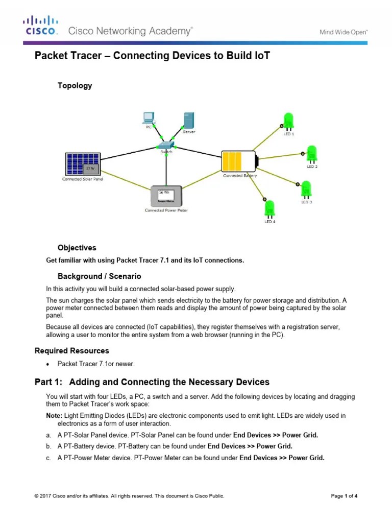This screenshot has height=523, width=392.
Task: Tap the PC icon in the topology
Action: tap(149, 117)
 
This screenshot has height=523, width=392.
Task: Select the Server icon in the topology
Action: tap(188, 120)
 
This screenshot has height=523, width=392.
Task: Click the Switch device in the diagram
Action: tap(166, 145)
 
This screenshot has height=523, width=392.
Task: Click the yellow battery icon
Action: tap(239, 161)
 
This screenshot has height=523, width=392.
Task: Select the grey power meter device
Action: tap(166, 196)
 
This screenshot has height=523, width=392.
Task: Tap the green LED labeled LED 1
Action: tap(289, 121)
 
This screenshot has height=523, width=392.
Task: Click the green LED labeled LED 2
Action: tap(311, 154)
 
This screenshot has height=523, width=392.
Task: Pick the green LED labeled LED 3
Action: tap(306, 188)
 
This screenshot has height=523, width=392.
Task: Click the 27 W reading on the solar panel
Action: tap(90, 168)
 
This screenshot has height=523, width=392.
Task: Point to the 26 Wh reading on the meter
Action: tap(164, 193)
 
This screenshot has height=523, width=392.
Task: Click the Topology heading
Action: tap(75, 86)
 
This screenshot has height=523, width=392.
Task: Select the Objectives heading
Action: tap(77, 248)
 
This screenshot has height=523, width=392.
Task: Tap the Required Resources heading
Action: tap(71, 351)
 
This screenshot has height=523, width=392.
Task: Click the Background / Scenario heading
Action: tap(99, 276)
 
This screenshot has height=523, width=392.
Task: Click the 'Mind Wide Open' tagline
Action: tap(343, 32)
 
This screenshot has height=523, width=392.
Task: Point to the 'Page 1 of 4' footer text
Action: tap(344, 495)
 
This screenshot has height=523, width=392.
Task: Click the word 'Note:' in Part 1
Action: tap(54, 416)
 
